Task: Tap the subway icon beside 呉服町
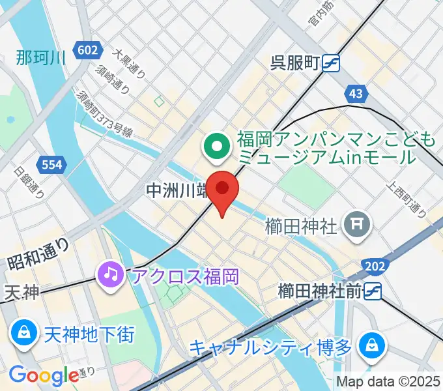click(x=330, y=63)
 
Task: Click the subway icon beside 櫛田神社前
click(x=372, y=291)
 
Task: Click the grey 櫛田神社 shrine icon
click(x=358, y=225)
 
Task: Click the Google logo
click(x=43, y=375)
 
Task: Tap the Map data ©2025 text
click(x=388, y=382)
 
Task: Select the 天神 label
click(x=22, y=293)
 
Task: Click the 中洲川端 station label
click(x=176, y=191)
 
